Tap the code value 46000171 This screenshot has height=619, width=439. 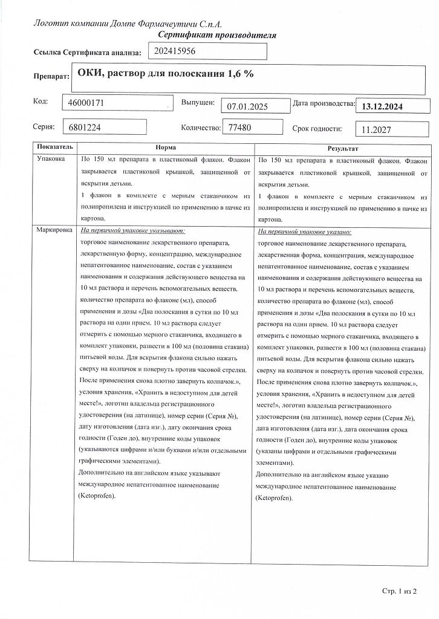pos(88,103)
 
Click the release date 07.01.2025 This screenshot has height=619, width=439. pos(246,106)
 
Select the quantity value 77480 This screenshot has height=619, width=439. pos(241,128)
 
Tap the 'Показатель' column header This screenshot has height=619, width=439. pos(54,147)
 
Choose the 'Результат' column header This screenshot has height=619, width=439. pos(343,148)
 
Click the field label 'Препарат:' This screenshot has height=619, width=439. pos(51,77)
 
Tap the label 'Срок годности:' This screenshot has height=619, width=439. pos(317,128)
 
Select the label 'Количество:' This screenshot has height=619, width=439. pos(201,128)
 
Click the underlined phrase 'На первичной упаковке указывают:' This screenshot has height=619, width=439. pos(132,231)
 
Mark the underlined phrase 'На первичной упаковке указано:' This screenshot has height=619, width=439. pos(305,232)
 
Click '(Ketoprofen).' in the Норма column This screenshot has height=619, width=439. pos(97,496)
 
